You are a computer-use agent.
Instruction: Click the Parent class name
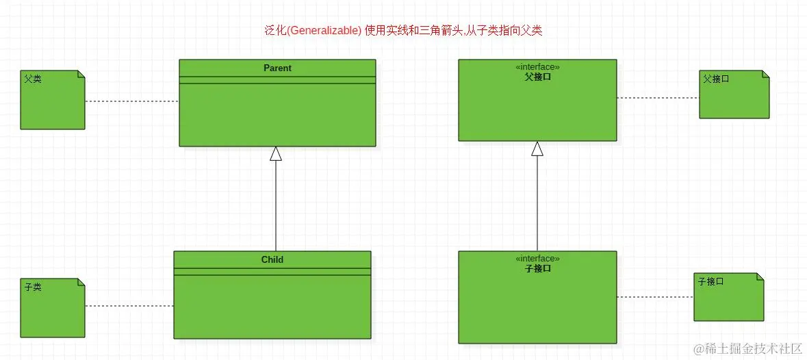[277, 68]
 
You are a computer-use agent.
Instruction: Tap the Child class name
[272, 259]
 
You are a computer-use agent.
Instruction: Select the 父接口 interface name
[537, 77]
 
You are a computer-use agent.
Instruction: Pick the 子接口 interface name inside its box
[537, 268]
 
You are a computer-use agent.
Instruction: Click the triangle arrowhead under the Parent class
[276, 153]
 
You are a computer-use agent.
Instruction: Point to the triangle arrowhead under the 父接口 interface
[537, 149]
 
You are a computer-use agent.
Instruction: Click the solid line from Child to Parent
[276, 205]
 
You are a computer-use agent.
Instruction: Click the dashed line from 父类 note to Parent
[132, 101]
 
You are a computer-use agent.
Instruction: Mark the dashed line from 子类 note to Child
[129, 306]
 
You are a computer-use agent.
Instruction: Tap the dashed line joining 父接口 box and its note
[658, 98]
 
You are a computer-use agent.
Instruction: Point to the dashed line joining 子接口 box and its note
[655, 297]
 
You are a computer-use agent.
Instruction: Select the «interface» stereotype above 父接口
[537, 67]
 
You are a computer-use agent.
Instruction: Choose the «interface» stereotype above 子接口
[537, 259]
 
